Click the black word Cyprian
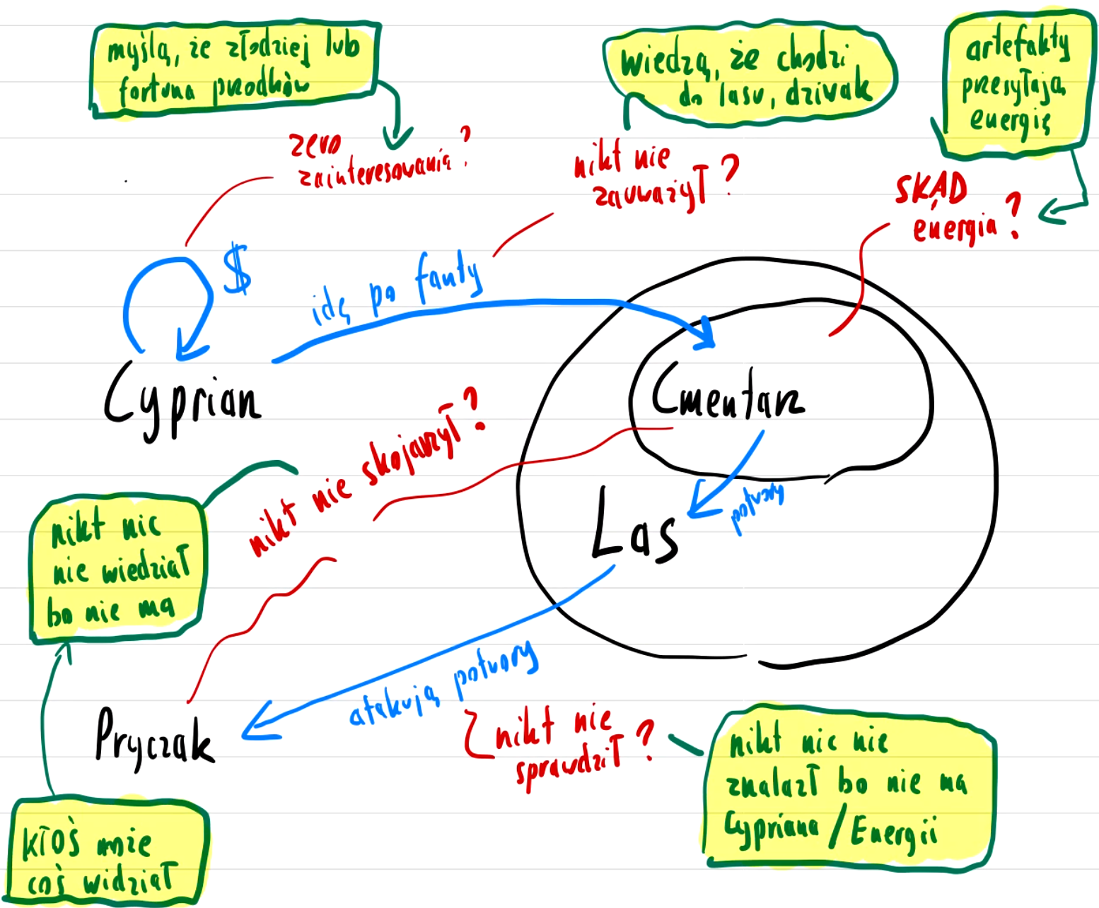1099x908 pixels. tap(182, 400)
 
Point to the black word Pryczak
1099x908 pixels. tap(153, 739)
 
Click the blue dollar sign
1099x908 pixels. tap(236, 269)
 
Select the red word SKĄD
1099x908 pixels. tap(930, 189)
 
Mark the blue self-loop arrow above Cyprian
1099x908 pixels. tap(167, 301)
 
